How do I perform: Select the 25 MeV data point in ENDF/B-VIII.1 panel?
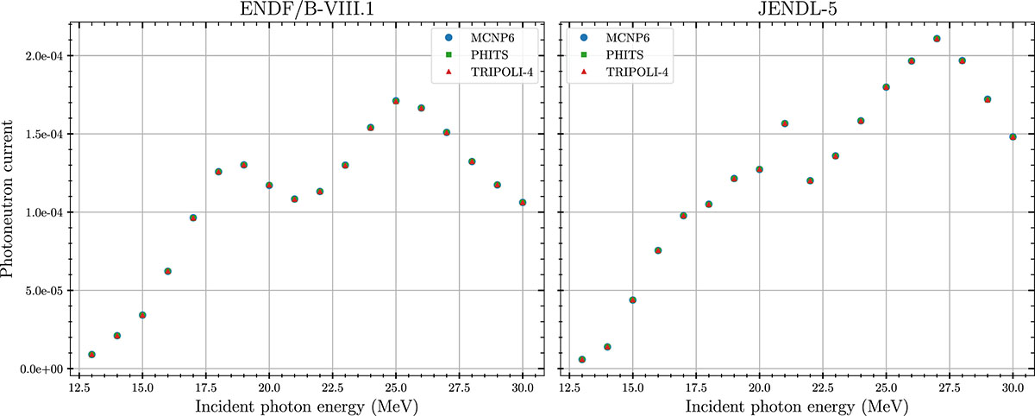(396, 101)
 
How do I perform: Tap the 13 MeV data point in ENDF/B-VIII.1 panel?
(91, 355)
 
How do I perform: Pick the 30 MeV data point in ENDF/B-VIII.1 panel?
(523, 203)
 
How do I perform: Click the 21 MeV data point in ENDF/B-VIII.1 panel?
(294, 199)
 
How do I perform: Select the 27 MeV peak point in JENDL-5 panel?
(937, 39)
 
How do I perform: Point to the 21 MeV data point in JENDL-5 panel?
(785, 123)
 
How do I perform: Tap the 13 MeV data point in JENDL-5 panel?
(582, 359)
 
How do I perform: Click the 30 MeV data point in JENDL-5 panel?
(1013, 137)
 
